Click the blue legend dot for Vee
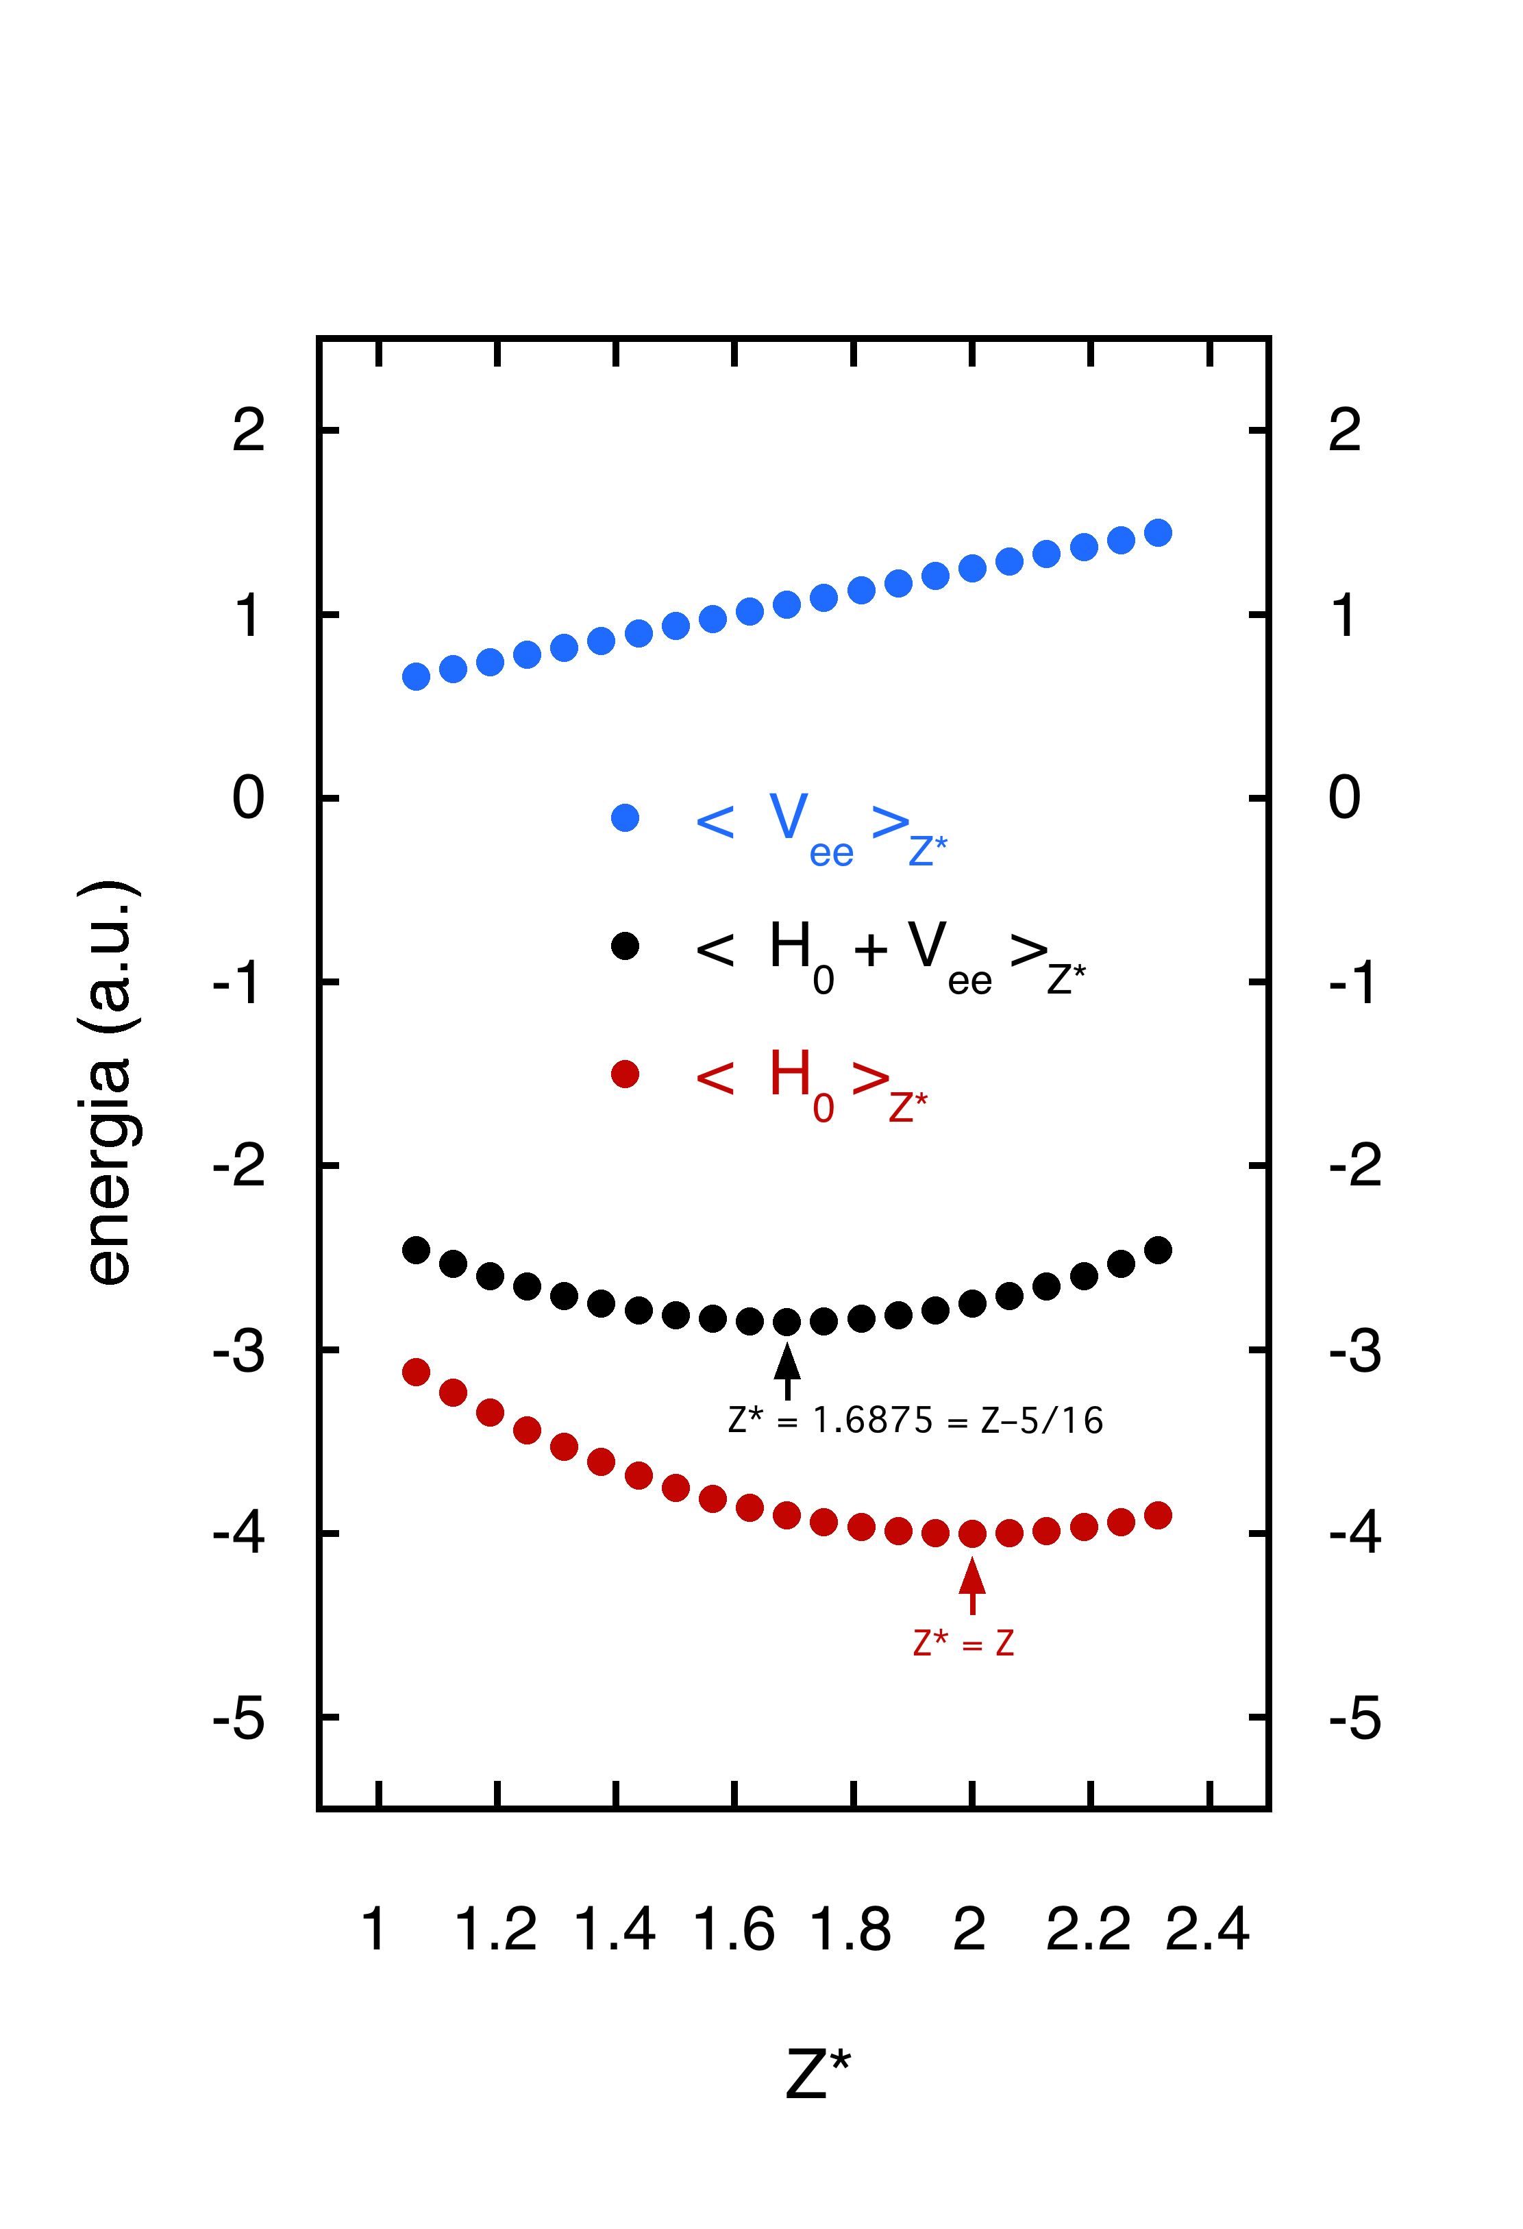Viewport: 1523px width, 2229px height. pyautogui.click(x=624, y=818)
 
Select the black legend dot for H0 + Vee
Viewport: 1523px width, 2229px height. pyautogui.click(x=624, y=946)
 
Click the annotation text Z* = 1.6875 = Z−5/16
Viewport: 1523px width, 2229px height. pyautogui.click(x=915, y=1420)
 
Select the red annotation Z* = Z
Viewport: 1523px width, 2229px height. pyautogui.click(x=963, y=1643)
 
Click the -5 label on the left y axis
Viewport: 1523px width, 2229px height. pyautogui.click(x=239, y=1718)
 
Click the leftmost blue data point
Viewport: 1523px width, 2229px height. pyautogui.click(x=415, y=676)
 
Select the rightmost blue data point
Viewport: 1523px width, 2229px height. pyautogui.click(x=1158, y=532)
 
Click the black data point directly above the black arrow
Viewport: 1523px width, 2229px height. pyautogui.click(x=787, y=1322)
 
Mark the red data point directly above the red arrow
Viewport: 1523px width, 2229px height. pyautogui.click(x=971, y=1534)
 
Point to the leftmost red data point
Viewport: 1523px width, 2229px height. pyautogui.click(x=415, y=1372)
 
